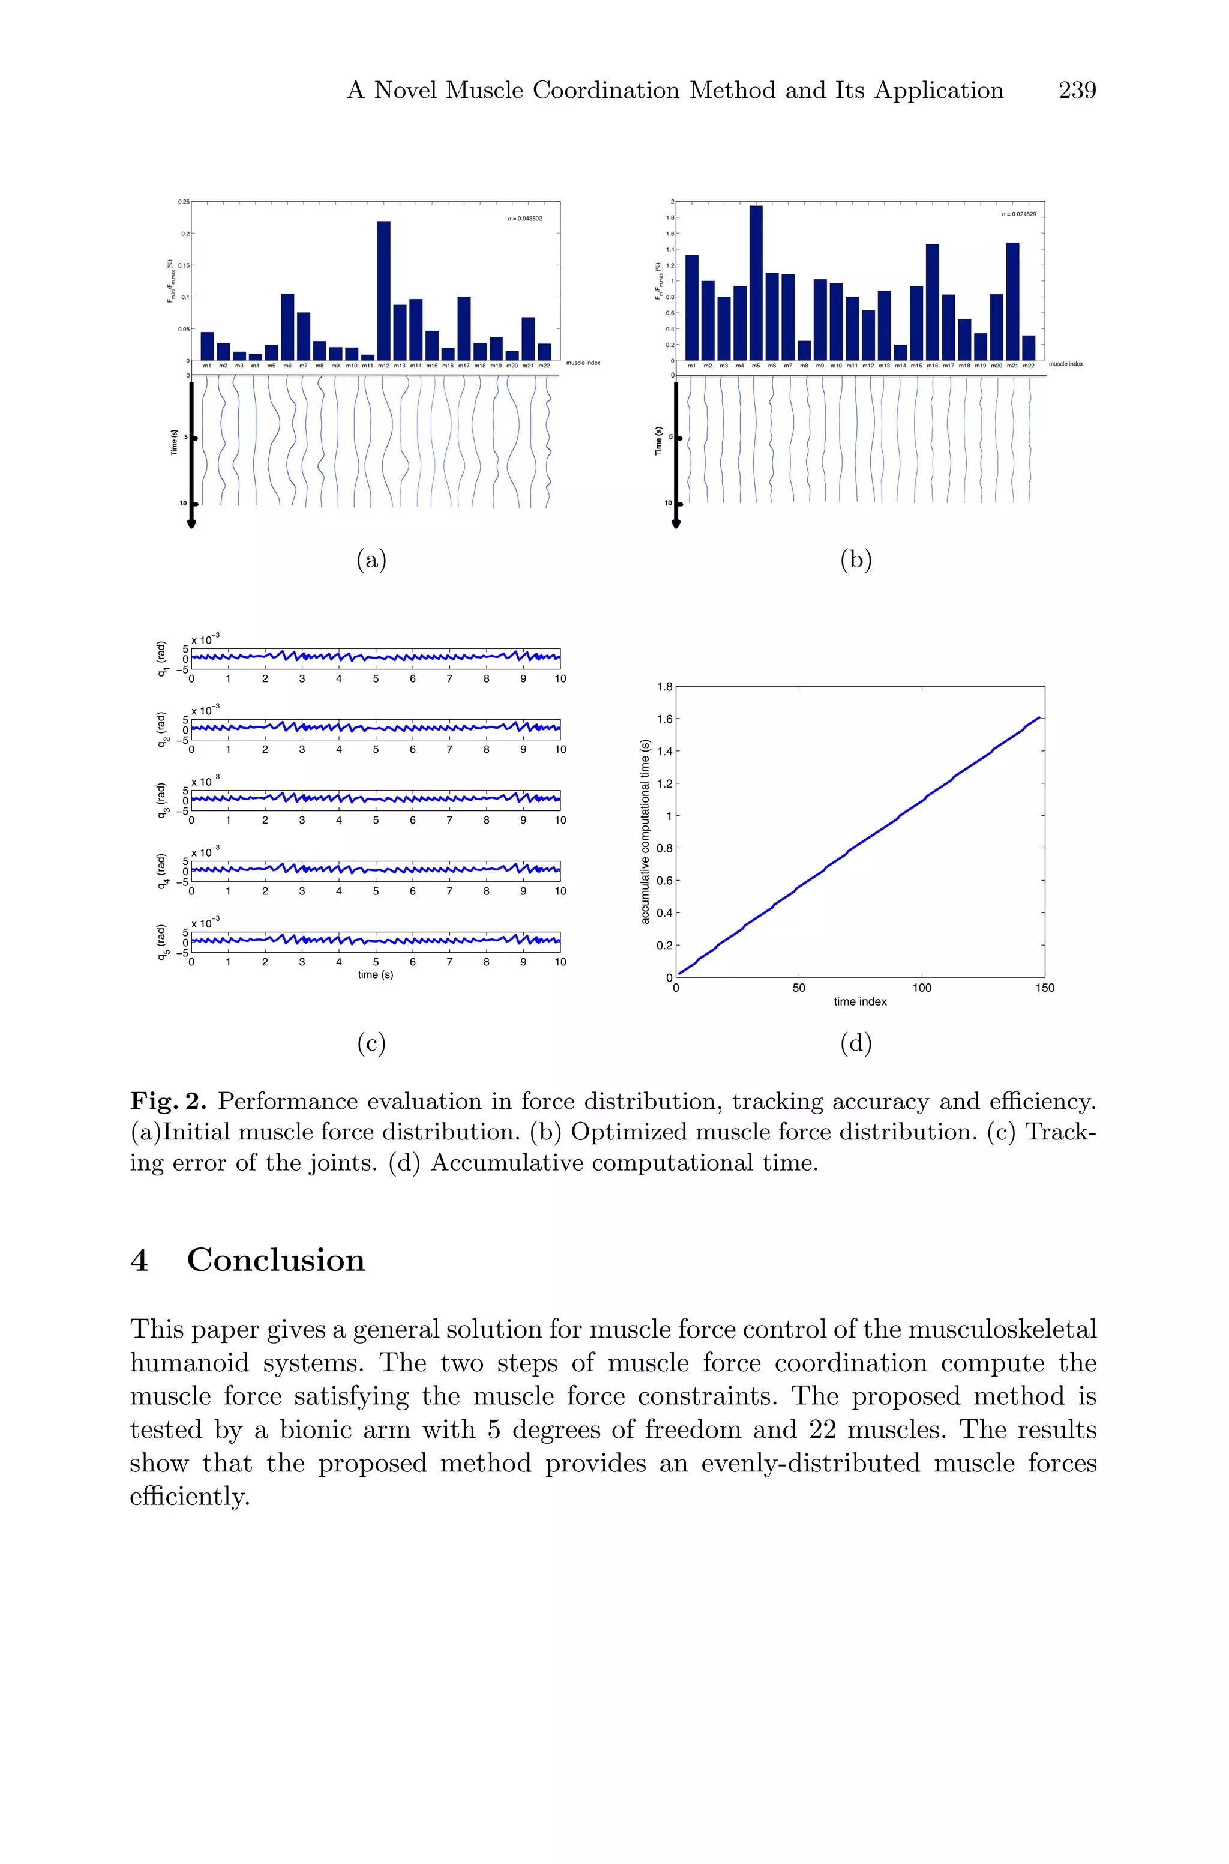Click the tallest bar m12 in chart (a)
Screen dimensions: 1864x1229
(x=383, y=290)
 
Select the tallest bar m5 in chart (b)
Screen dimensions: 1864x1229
(x=756, y=282)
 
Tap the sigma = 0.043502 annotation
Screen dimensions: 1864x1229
(x=524, y=219)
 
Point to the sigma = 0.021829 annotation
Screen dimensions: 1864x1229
(x=1018, y=214)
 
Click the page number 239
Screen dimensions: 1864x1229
(x=1077, y=91)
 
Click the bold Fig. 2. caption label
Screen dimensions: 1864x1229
(x=169, y=1102)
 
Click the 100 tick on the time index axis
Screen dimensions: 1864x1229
(x=922, y=988)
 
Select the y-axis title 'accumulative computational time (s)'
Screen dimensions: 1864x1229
(x=645, y=831)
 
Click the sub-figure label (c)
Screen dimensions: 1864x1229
(x=371, y=1043)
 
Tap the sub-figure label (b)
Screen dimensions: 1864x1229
(x=855, y=560)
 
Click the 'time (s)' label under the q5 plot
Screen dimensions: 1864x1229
(x=376, y=974)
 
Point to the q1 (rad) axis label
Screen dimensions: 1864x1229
(x=162, y=659)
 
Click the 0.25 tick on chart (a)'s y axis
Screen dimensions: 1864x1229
(x=184, y=202)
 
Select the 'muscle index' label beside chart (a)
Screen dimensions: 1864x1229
(x=583, y=363)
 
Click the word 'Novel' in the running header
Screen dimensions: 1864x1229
(x=406, y=91)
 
